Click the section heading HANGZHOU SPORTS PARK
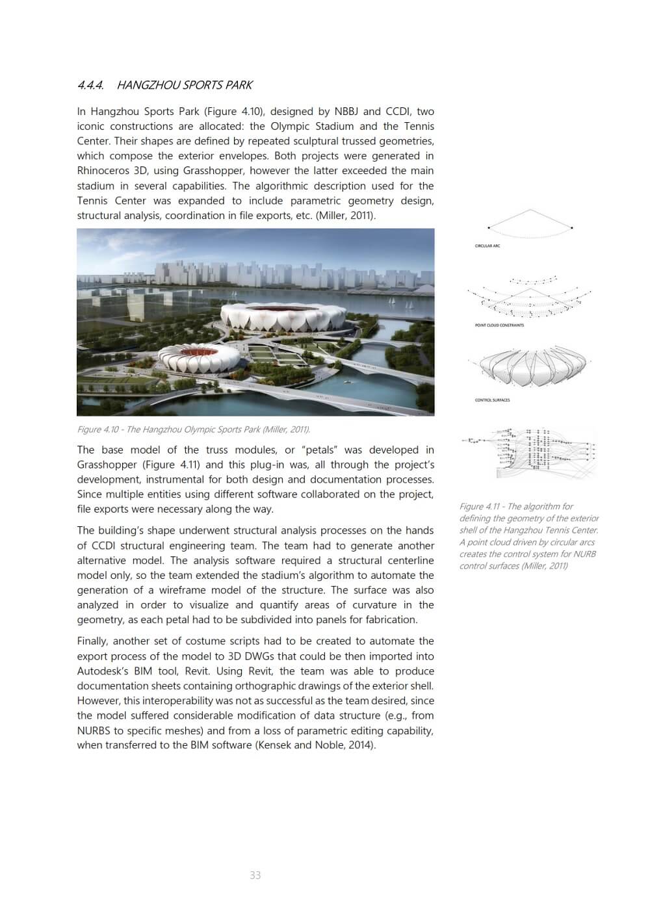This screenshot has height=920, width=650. pos(185,85)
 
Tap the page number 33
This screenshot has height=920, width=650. pos(255,875)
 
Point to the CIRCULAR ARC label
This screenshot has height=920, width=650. pos(487,246)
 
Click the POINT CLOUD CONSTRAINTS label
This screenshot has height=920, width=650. pos(499,325)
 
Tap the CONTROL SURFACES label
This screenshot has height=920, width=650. pos(492,400)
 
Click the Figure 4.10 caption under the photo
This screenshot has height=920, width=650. pos(193,429)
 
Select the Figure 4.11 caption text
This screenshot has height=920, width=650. pos(528,536)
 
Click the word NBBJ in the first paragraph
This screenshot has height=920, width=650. pos(346,111)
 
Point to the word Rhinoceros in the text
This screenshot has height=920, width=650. pos(103,171)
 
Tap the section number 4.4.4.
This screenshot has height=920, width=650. pos(90,85)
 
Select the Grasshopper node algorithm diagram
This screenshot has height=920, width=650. pos(530,448)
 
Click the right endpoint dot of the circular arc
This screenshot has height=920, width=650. pos(572,227)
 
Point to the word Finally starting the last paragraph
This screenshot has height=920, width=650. pos(95,641)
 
